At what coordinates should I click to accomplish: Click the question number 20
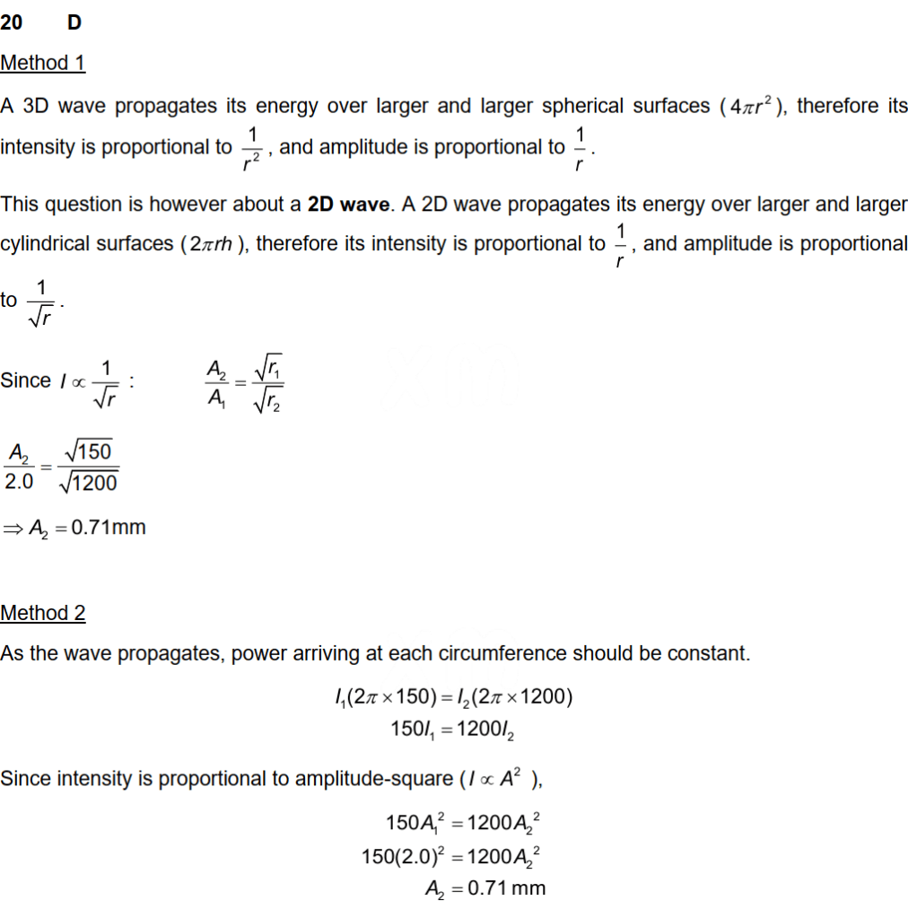click(x=12, y=22)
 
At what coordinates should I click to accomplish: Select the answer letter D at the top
click(x=74, y=22)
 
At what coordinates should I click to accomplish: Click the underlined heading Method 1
click(x=42, y=63)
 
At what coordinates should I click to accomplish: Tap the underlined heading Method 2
click(x=42, y=613)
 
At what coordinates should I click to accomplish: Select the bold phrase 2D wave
click(x=349, y=204)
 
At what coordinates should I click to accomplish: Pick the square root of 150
click(x=87, y=451)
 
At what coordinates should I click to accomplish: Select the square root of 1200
click(x=87, y=483)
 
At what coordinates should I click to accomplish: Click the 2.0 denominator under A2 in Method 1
click(x=18, y=482)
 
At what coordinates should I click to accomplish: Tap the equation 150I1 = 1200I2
click(x=452, y=729)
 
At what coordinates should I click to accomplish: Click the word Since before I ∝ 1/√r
click(x=25, y=380)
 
